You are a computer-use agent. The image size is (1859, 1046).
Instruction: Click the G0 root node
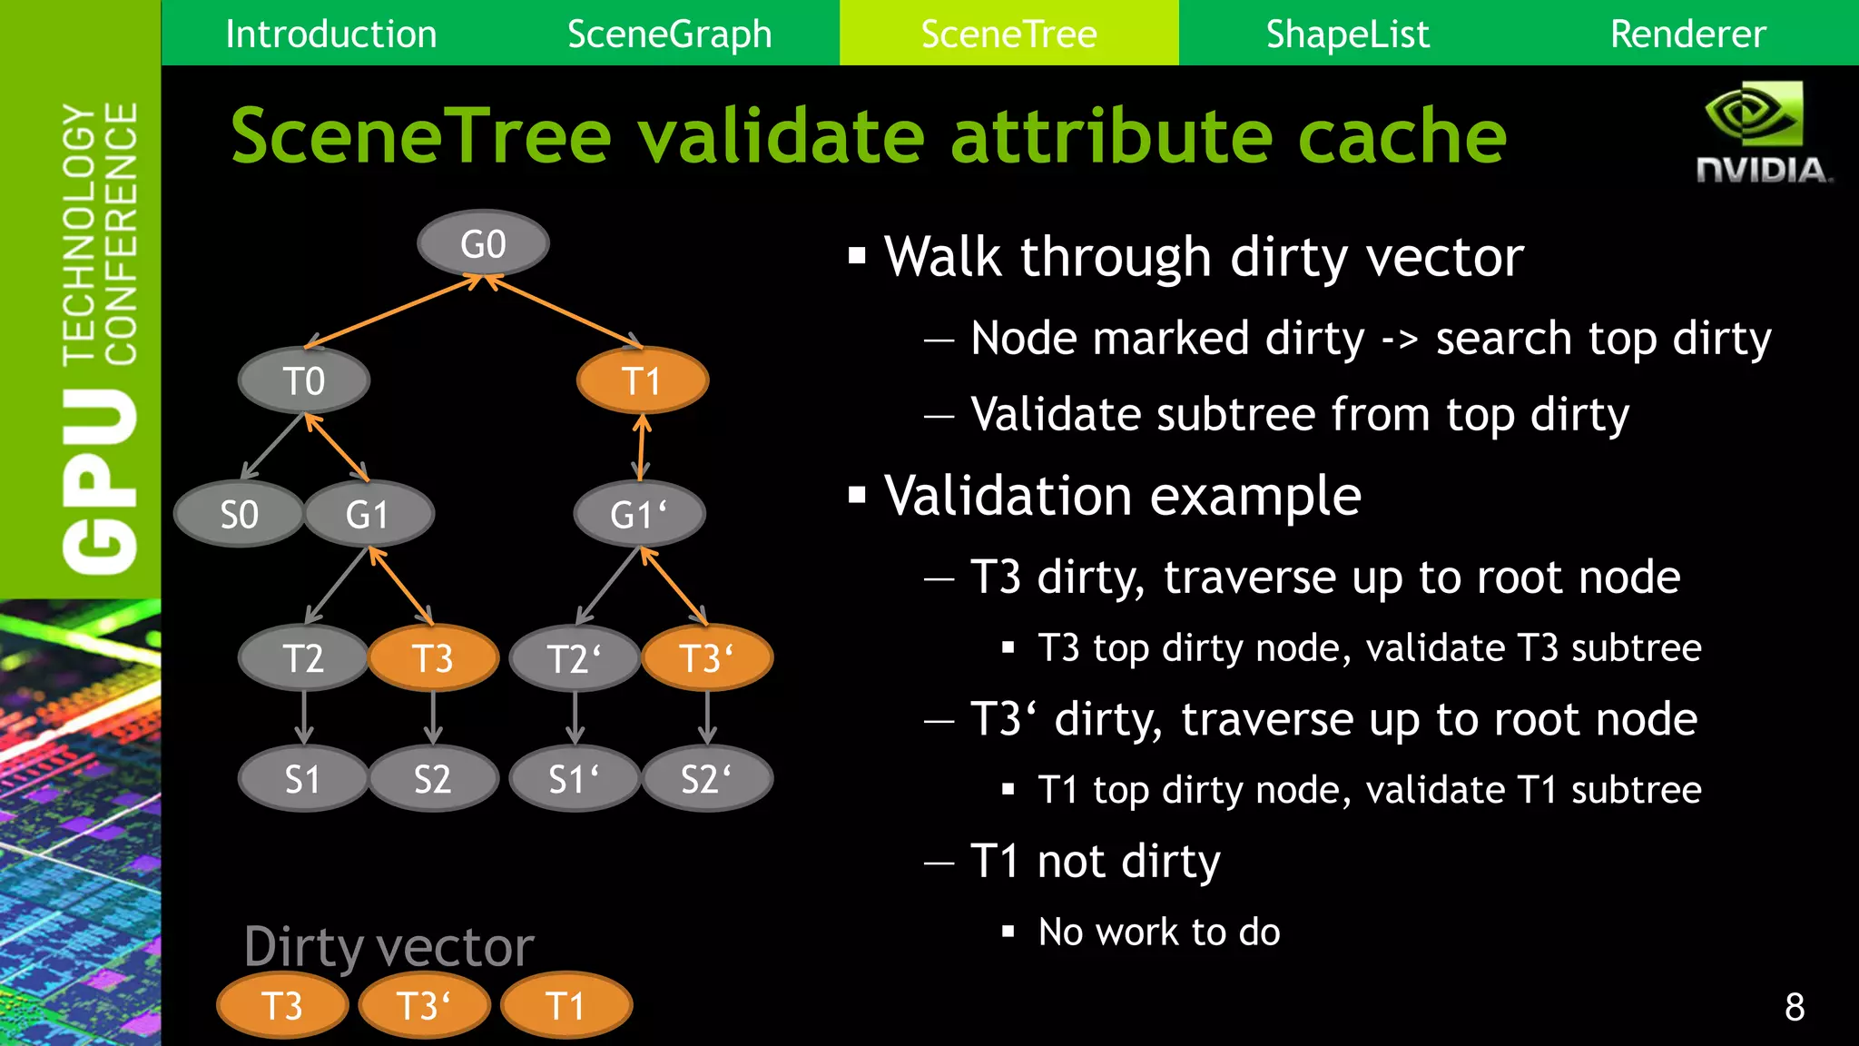coord(483,243)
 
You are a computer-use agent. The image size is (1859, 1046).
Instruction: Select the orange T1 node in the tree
coord(642,380)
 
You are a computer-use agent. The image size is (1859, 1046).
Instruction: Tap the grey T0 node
coord(303,380)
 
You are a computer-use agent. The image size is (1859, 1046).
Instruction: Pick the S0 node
coord(239,515)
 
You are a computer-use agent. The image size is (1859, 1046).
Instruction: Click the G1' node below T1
coord(639,515)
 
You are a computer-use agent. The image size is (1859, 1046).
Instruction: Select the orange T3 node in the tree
coord(433,658)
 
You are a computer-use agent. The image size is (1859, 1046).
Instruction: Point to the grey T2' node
coord(574,658)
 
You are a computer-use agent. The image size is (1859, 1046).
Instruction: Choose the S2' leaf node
coord(706,779)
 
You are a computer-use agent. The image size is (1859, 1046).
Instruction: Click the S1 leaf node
coord(303,779)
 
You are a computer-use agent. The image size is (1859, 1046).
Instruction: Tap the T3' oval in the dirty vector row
coord(424,1006)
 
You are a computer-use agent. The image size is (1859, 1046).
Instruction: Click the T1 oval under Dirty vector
coord(566,1006)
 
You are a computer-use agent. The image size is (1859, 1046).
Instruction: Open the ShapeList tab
coord(1347,34)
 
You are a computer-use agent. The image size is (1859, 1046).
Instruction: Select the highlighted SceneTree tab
coord(1008,34)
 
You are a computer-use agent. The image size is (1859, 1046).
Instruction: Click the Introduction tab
coord(330,34)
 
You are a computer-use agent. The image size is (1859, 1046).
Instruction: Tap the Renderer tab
coord(1687,34)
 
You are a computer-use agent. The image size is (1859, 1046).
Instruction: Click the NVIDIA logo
coord(1762,133)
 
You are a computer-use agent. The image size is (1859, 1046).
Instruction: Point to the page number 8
coord(1795,1006)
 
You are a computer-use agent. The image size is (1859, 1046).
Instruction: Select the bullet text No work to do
coord(1158,932)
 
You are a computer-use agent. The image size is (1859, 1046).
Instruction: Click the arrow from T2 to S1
coord(304,717)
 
